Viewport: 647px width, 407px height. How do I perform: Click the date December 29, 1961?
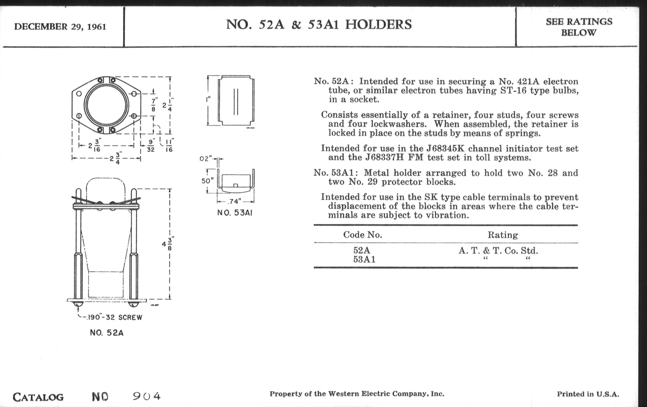60,27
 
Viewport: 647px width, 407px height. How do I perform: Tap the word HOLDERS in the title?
378,25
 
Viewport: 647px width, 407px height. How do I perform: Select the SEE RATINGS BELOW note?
579,27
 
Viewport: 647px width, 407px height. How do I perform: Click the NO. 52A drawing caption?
107,333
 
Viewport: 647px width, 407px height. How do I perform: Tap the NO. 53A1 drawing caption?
235,213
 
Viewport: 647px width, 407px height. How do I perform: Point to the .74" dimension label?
235,201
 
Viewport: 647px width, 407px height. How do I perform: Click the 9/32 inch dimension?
151,145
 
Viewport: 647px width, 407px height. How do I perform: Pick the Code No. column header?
362,235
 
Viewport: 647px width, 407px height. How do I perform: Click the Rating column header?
503,235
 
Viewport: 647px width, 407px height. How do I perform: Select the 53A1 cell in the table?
364,260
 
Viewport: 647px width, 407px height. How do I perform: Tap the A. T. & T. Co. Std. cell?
498,251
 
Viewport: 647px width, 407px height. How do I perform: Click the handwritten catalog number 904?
147,396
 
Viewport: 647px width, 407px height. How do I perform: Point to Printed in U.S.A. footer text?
588,394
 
